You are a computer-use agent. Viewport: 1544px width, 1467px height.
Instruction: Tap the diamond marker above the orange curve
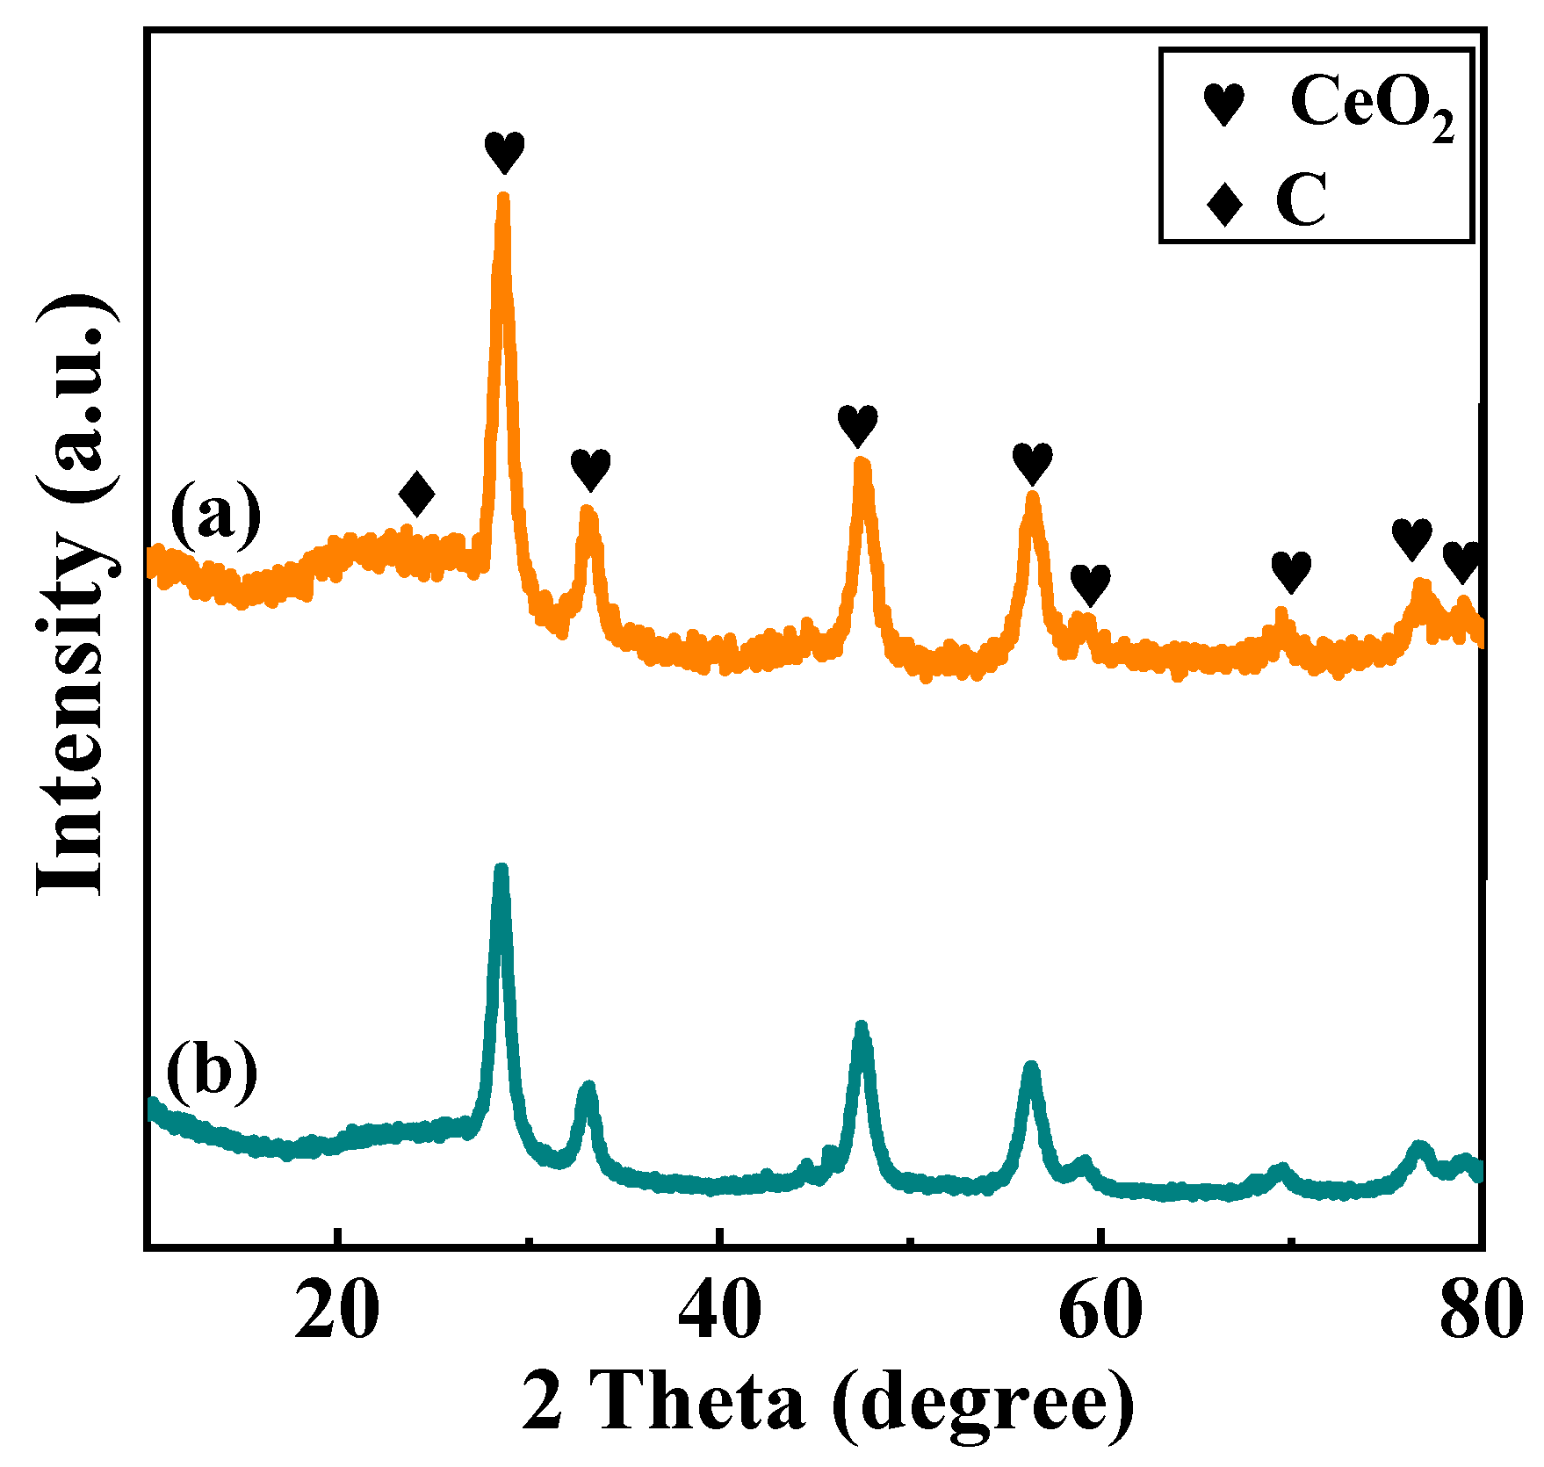[416, 494]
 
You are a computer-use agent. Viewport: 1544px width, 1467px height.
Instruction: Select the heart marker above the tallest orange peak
[504, 153]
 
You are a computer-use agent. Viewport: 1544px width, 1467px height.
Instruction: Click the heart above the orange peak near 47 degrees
[857, 426]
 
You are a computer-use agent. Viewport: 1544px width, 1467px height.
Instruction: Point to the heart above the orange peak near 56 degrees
[1032, 464]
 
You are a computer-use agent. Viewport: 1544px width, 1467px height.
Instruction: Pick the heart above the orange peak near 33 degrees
[590, 470]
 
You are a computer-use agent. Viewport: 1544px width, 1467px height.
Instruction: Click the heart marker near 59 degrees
[1090, 584]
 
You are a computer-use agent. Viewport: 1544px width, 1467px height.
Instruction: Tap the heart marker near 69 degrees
[1291, 572]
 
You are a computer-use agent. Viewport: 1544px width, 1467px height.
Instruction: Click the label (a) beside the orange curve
[215, 513]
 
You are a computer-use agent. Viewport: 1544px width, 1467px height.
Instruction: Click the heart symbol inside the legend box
[1223, 105]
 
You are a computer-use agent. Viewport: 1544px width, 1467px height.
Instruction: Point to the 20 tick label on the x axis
[337, 1313]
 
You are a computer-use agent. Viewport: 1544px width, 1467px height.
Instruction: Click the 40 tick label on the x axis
[718, 1313]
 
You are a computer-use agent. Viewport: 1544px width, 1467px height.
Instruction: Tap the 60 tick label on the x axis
[1100, 1313]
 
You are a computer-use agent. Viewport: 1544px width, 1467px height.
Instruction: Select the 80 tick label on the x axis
[1481, 1313]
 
